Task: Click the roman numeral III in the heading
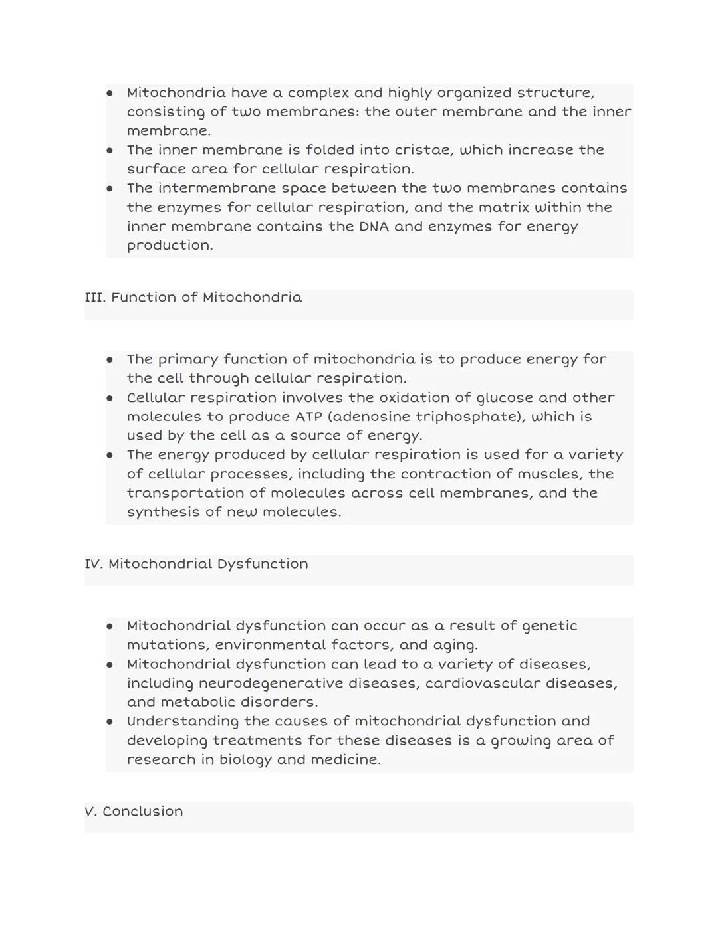(x=94, y=298)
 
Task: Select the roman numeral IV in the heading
(x=93, y=564)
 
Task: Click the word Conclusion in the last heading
(x=142, y=812)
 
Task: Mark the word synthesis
(x=160, y=512)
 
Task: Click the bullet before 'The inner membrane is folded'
(x=110, y=151)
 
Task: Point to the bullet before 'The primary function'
(x=110, y=360)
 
